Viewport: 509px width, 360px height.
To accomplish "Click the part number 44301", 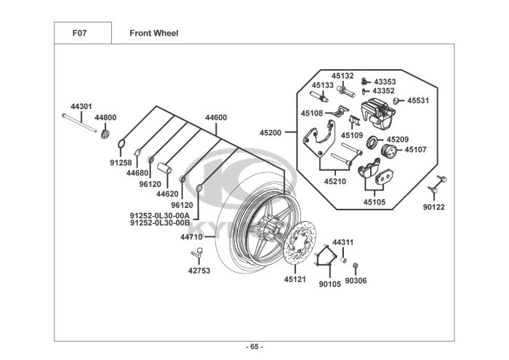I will (81, 107).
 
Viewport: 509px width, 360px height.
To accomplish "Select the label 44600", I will (216, 117).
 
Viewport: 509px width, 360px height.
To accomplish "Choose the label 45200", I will (270, 133).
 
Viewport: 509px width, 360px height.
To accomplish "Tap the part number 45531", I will (418, 101).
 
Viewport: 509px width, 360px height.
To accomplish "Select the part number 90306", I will (356, 280).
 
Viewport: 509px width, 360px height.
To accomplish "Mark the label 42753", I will (199, 270).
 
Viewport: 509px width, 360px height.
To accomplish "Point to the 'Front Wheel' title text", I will (153, 33).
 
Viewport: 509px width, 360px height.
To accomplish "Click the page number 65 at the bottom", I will (254, 346).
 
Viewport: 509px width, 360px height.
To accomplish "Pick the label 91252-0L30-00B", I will (159, 223).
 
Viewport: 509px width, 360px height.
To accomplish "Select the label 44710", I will (191, 236).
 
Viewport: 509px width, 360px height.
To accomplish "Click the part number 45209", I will (398, 139).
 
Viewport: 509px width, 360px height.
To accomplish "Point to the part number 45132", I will (343, 76).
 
